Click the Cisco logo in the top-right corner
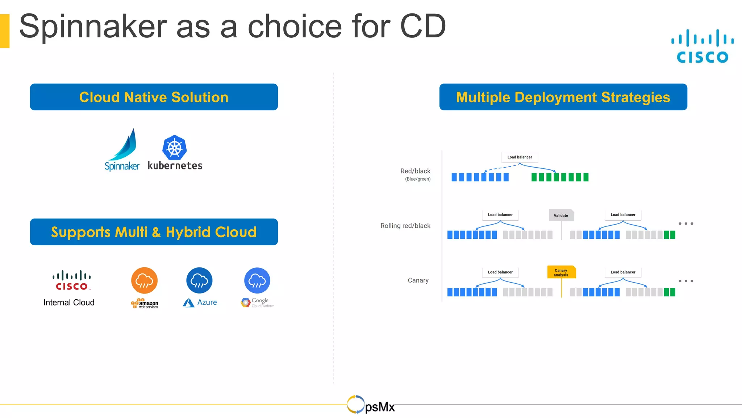pyautogui.click(x=702, y=46)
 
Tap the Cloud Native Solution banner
pyautogui.click(x=154, y=97)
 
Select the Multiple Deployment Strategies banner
pyautogui.click(x=563, y=97)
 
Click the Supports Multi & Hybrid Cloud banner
pyautogui.click(x=154, y=232)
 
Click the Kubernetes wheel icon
pyautogui.click(x=174, y=148)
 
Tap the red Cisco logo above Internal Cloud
pyautogui.click(x=72, y=280)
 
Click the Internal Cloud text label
pyautogui.click(x=69, y=303)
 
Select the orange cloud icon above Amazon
pyautogui.click(x=144, y=280)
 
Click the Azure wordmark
pyautogui.click(x=207, y=302)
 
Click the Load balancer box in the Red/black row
pyautogui.click(x=520, y=157)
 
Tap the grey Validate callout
pyautogui.click(x=561, y=215)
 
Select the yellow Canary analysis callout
pyautogui.click(x=561, y=272)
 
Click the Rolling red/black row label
pyautogui.click(x=405, y=226)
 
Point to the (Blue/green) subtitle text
pyautogui.click(x=418, y=179)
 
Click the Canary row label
pyautogui.click(x=418, y=280)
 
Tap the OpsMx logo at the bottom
pyautogui.click(x=371, y=405)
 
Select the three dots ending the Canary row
pyautogui.click(x=686, y=281)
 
